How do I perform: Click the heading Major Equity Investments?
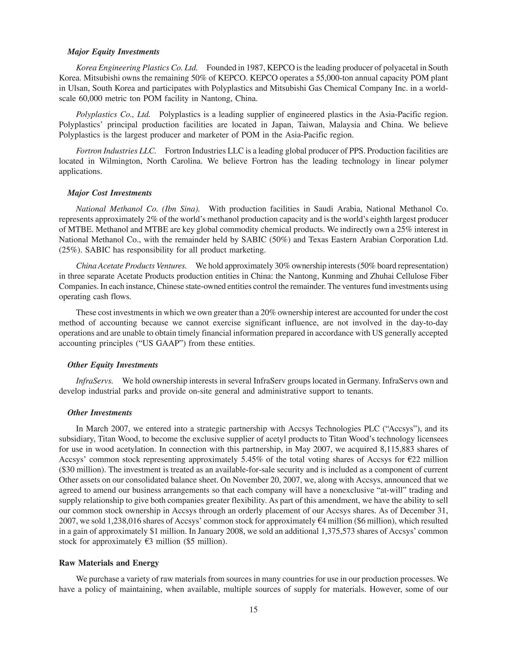tap(113, 52)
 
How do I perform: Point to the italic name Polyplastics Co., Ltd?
tap(113, 115)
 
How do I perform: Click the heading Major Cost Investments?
tap(109, 193)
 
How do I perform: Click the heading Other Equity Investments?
tap(113, 365)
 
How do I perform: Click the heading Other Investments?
tap(100, 413)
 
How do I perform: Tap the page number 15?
tap(253, 610)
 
